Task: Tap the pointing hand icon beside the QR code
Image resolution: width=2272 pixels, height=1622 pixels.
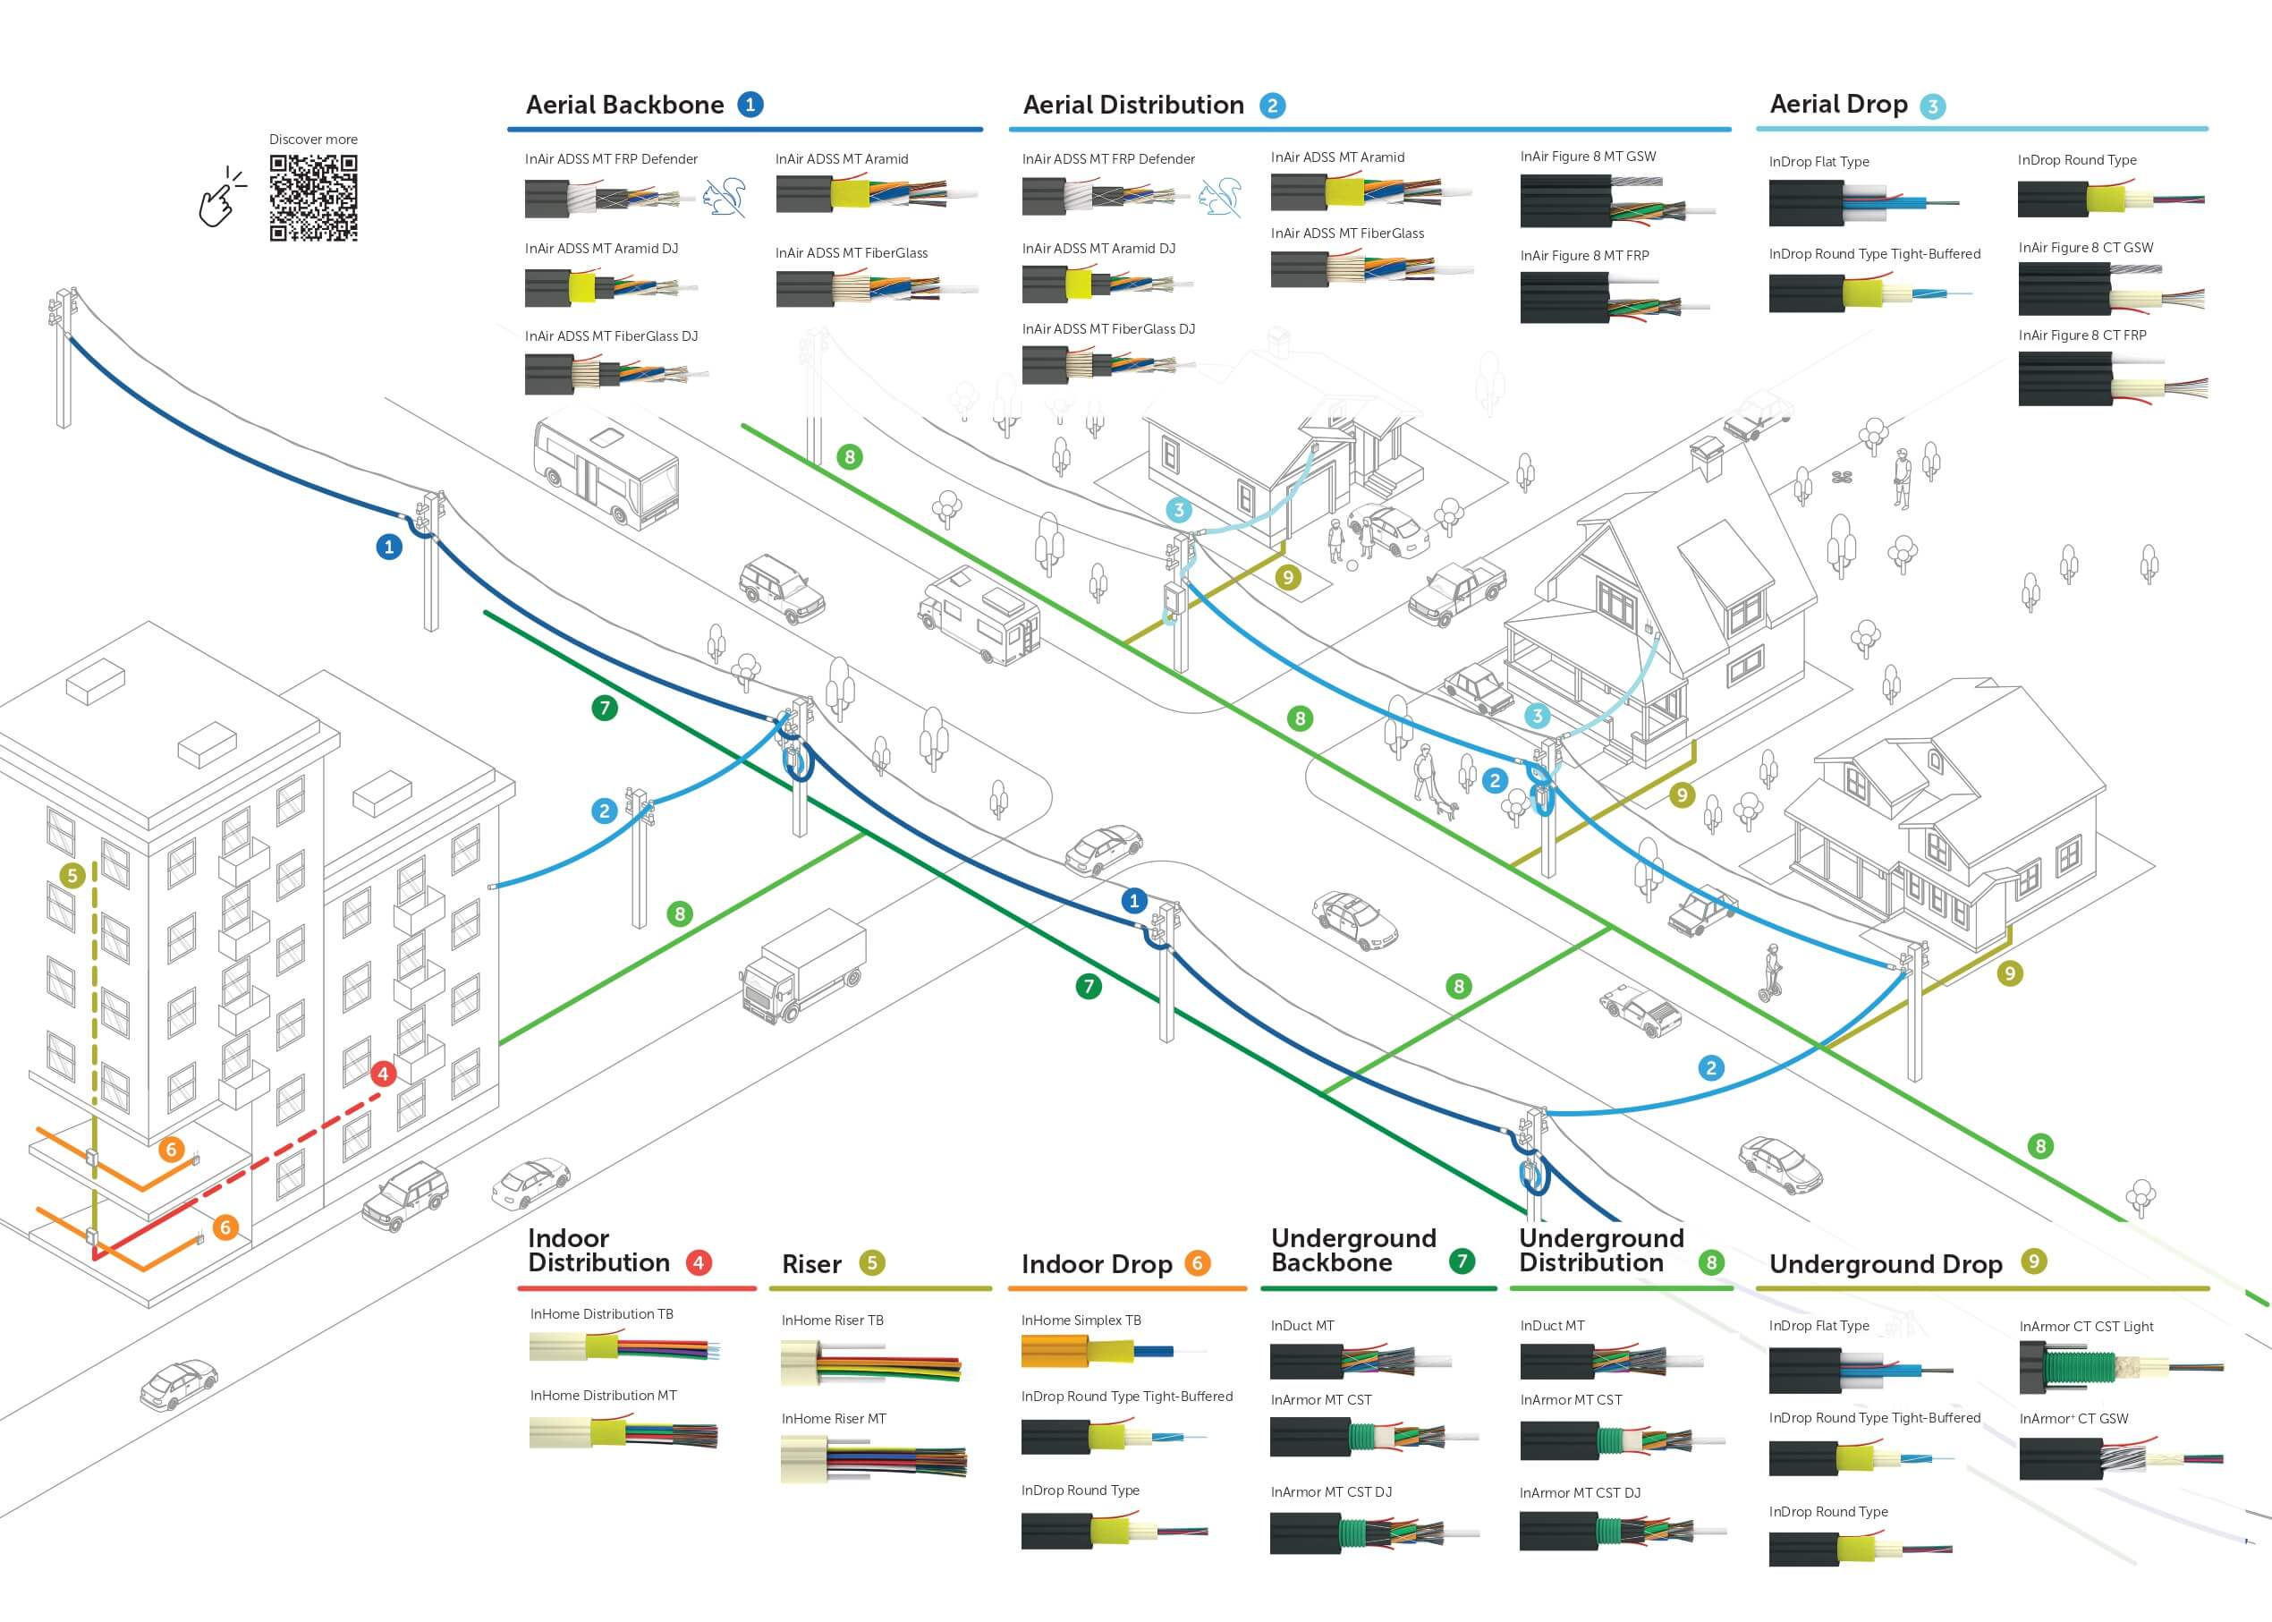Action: (x=221, y=198)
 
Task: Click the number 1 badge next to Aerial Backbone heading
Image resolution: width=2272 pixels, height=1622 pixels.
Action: (x=750, y=105)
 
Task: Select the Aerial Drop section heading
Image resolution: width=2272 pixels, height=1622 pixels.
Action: (x=1837, y=105)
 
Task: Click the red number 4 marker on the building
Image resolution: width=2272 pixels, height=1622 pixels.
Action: (x=383, y=1074)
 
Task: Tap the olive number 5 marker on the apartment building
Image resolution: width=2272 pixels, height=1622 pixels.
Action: (x=72, y=876)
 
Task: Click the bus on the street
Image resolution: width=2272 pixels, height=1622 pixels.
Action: (x=606, y=471)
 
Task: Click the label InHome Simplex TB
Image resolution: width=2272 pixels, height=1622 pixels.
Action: (x=1081, y=1321)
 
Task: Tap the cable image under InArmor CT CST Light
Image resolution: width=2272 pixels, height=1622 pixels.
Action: (x=2119, y=1367)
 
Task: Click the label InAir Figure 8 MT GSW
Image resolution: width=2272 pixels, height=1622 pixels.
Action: (x=1588, y=157)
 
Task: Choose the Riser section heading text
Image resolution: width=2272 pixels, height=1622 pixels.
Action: (x=811, y=1264)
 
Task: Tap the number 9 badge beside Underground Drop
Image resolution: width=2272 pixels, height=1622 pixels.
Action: (x=2033, y=1261)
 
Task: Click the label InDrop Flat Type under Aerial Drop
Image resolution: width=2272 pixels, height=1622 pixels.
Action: (x=1818, y=162)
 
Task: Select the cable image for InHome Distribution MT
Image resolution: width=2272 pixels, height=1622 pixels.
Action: (x=623, y=1434)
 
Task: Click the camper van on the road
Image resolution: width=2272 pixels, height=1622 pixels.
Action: (x=979, y=615)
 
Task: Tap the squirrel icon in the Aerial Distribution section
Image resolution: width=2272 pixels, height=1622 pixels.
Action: (x=1220, y=197)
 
